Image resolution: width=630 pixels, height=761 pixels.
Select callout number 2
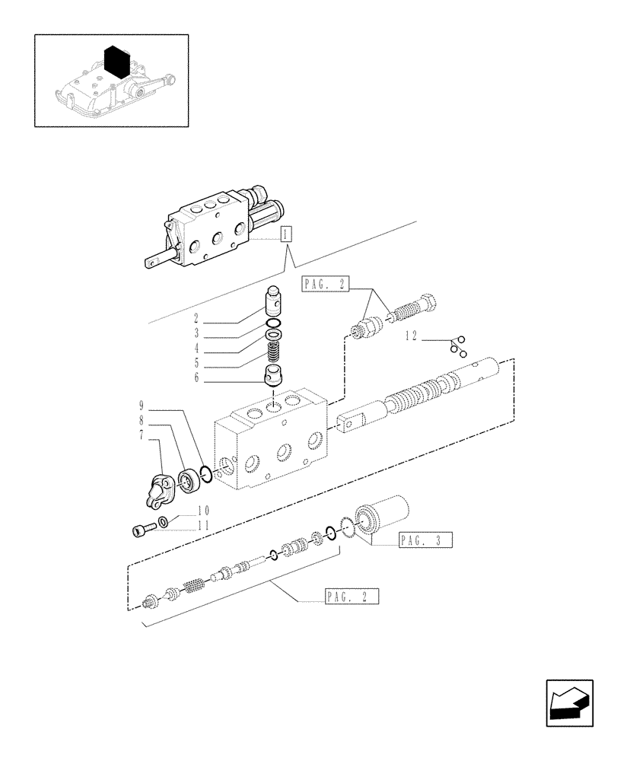(196, 318)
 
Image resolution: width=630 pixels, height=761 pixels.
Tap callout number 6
(196, 377)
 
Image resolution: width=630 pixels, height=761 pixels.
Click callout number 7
(141, 434)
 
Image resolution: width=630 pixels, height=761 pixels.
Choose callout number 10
(182, 511)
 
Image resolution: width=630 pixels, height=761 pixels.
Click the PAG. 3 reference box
(425, 541)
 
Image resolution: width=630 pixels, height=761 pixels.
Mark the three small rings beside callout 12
(458, 345)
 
